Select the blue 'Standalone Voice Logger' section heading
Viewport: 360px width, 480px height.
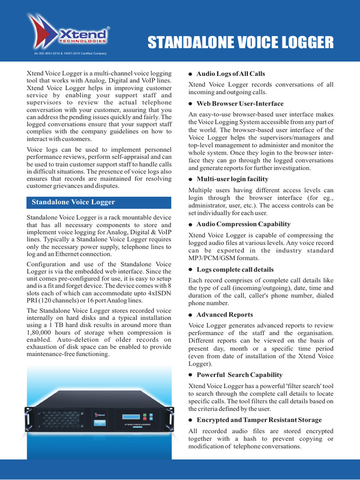pos(73,202)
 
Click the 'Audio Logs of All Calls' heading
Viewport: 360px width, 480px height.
pos(230,74)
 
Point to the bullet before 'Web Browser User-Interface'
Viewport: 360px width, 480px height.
pos(191,104)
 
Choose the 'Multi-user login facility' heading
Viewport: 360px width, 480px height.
pos(232,179)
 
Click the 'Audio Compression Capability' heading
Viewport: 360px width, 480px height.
pos(243,224)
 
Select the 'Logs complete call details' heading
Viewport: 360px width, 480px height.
pos(235,270)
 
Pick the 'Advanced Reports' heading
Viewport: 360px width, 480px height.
pos(225,315)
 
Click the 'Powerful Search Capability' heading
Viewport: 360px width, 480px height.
pos(239,375)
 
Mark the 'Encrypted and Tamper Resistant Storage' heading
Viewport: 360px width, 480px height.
pos(259,420)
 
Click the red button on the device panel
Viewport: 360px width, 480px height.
pos(151,415)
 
